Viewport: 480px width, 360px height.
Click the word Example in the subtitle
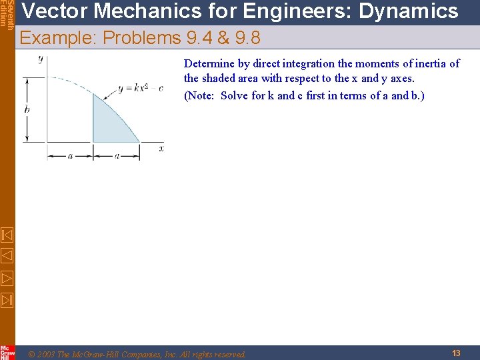click(55, 38)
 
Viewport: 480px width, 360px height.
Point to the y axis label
click(41, 59)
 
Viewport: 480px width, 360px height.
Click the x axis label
click(161, 148)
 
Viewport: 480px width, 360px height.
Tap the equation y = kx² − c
click(139, 88)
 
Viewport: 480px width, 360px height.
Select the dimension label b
click(27, 108)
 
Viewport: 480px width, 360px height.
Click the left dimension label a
click(70, 156)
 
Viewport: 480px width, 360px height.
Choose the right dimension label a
click(117, 156)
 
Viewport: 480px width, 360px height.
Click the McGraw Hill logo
click(7, 352)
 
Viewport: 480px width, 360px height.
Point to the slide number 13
click(456, 353)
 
